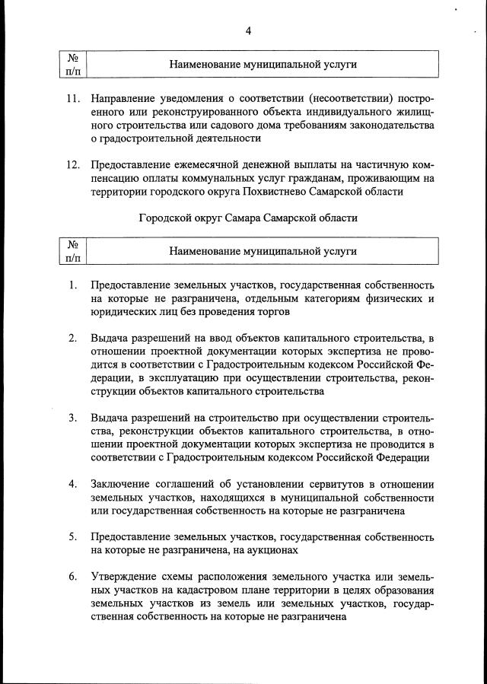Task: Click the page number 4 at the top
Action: (x=248, y=30)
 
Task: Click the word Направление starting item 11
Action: (x=124, y=98)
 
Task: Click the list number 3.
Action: (x=72, y=418)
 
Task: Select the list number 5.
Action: (x=72, y=537)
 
